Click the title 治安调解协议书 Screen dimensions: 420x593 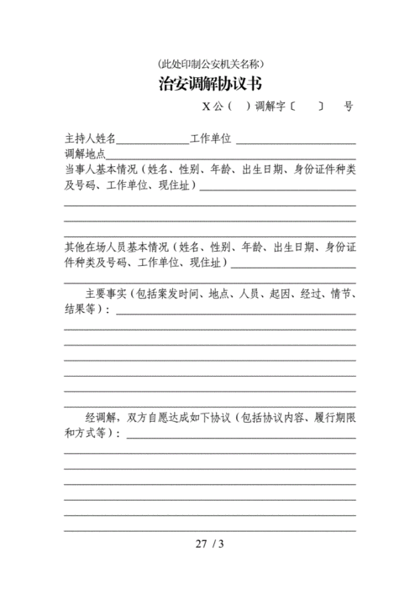[x=210, y=84]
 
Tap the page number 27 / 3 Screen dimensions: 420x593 [x=210, y=544]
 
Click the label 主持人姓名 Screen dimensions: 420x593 [x=90, y=138]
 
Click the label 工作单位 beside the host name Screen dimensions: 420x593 [x=210, y=138]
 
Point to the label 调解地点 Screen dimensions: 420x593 [x=85, y=154]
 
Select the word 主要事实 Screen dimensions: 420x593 [x=105, y=294]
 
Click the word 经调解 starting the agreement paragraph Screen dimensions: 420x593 [x=101, y=417]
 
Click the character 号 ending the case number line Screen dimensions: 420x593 [x=348, y=107]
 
